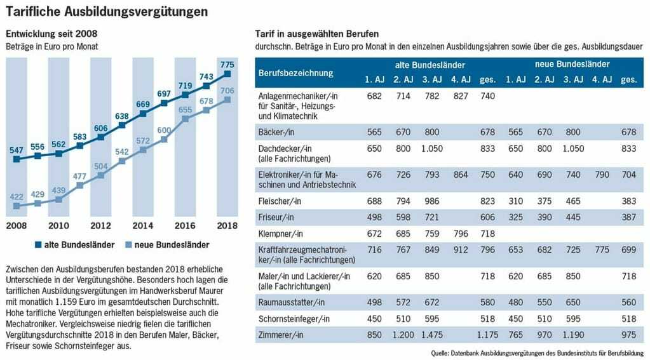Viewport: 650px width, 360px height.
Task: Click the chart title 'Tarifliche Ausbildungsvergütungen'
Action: point(106,11)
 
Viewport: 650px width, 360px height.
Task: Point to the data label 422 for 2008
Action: point(17,197)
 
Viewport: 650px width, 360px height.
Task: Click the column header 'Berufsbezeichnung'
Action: point(295,72)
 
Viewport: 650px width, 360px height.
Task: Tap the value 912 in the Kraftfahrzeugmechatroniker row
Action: point(461,250)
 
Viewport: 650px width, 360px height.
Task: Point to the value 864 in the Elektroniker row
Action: point(461,174)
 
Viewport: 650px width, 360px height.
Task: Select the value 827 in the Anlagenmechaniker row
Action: point(461,95)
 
